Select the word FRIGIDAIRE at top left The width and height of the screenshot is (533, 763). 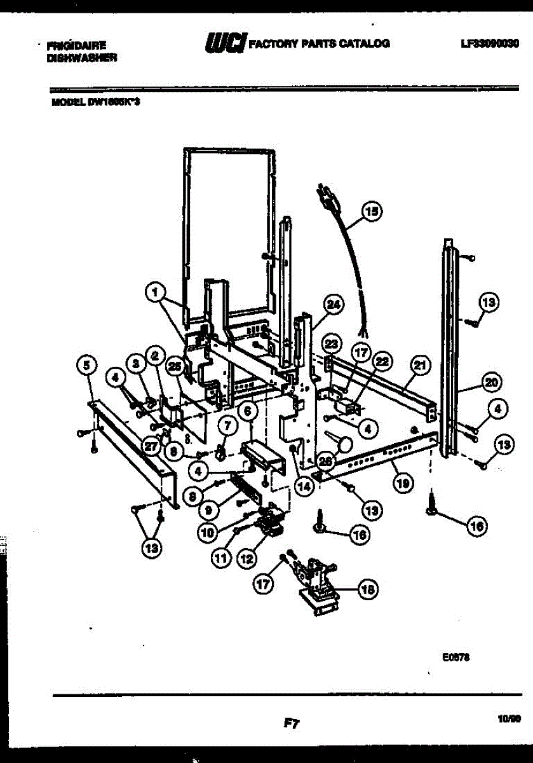(x=76, y=45)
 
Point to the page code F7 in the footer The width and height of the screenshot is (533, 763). (x=292, y=723)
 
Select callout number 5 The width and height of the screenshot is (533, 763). (x=87, y=365)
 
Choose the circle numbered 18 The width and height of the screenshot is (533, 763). (x=367, y=590)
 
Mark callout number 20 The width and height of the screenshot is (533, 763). (x=491, y=383)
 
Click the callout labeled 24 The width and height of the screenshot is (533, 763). (x=333, y=306)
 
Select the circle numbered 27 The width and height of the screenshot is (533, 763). (x=151, y=447)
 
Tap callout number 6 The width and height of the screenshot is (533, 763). (x=248, y=412)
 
